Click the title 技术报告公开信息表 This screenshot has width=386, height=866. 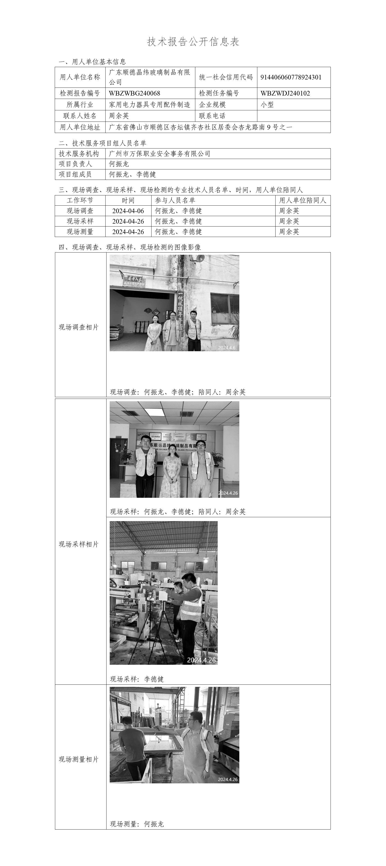click(193, 42)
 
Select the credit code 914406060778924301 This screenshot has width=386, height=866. click(291, 77)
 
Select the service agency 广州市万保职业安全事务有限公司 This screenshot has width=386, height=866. click(160, 154)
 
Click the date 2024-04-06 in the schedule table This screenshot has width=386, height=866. click(128, 211)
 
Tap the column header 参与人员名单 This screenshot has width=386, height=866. click(175, 200)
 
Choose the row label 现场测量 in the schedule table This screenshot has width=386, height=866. click(80, 232)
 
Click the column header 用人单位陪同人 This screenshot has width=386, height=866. click(303, 200)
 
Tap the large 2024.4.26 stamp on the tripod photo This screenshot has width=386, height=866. click(201, 660)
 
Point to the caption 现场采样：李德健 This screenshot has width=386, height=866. click(137, 679)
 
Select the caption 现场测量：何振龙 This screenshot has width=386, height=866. click(137, 824)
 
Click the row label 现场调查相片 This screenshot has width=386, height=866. click(79, 327)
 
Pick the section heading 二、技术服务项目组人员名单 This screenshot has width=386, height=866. click(102, 143)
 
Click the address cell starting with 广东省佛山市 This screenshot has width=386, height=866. click(201, 127)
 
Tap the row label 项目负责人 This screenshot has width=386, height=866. click(75, 164)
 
